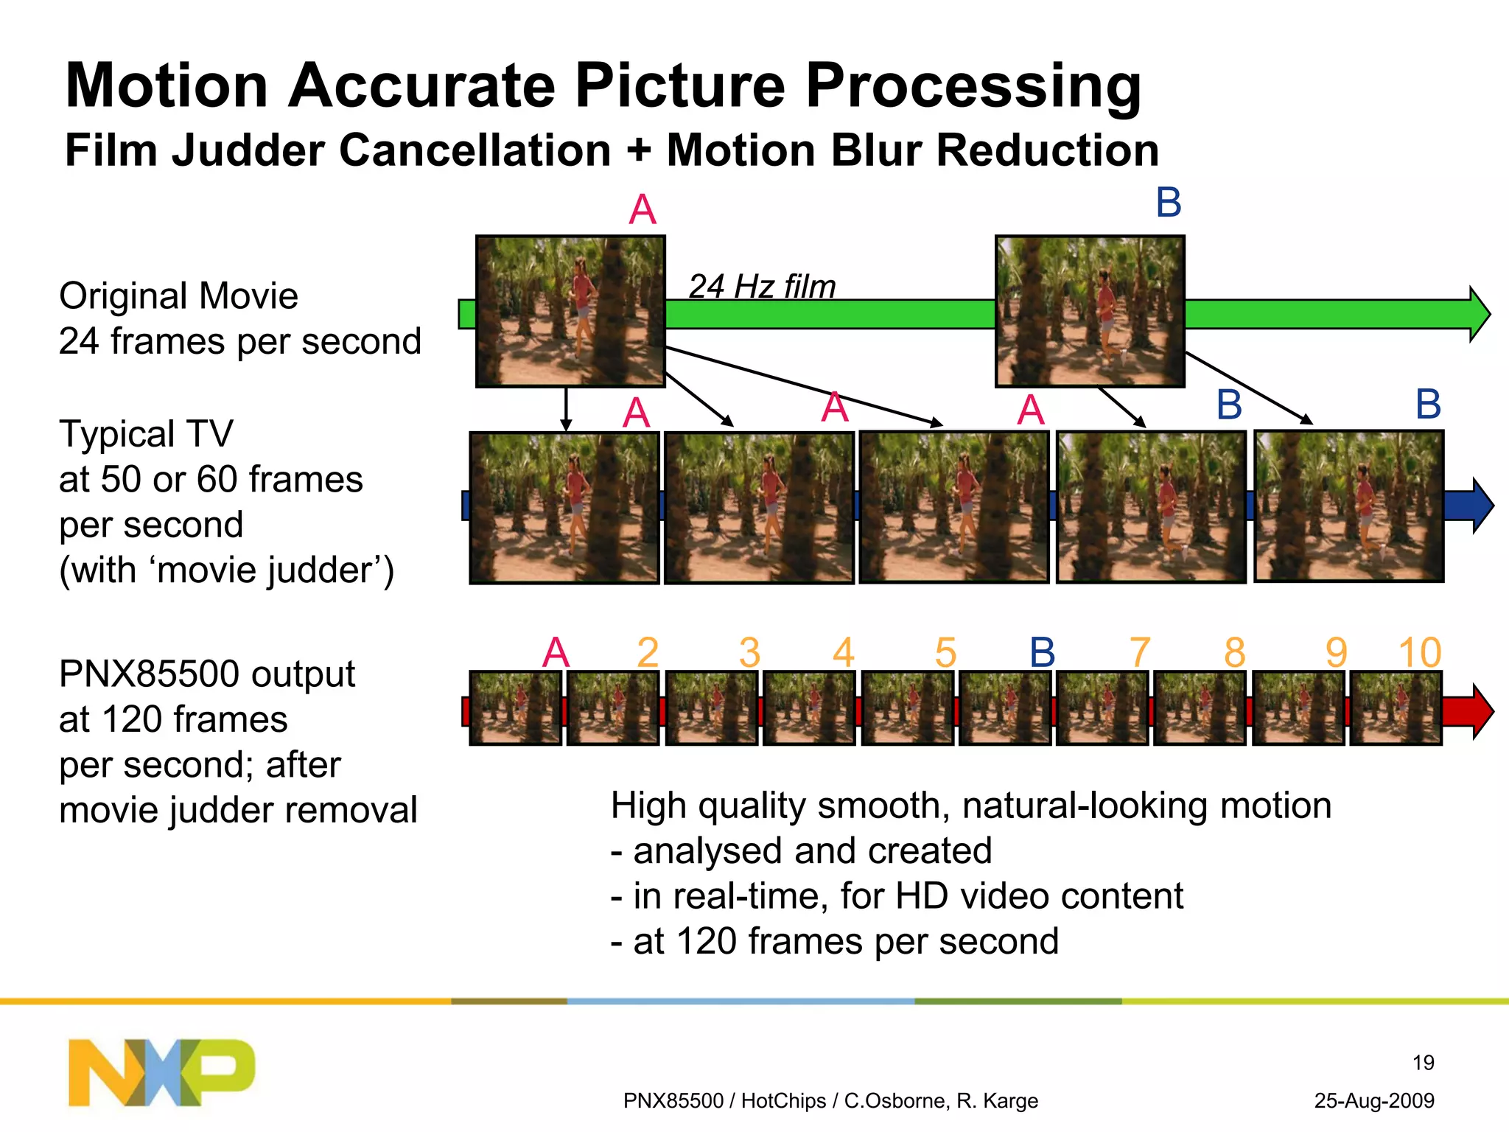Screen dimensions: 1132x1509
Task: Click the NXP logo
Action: (161, 1072)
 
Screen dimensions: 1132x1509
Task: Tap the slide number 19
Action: (1423, 1063)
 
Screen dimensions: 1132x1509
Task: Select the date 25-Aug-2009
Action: (1374, 1101)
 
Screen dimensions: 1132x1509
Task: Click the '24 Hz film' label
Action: (762, 287)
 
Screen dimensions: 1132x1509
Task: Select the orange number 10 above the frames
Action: (1419, 653)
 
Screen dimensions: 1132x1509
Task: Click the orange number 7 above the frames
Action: (1139, 653)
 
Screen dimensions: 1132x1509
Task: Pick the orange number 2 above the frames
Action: (648, 653)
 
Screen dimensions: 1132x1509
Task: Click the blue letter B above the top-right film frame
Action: (1169, 203)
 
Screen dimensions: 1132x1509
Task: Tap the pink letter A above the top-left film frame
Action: (643, 210)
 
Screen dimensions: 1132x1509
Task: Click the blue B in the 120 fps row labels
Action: (1042, 653)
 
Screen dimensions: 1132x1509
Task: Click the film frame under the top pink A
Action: (570, 312)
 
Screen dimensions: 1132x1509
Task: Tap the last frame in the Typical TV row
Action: (1348, 506)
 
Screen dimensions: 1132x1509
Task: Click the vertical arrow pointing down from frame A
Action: (566, 409)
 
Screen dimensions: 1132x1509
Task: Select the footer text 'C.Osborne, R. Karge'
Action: (941, 1101)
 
